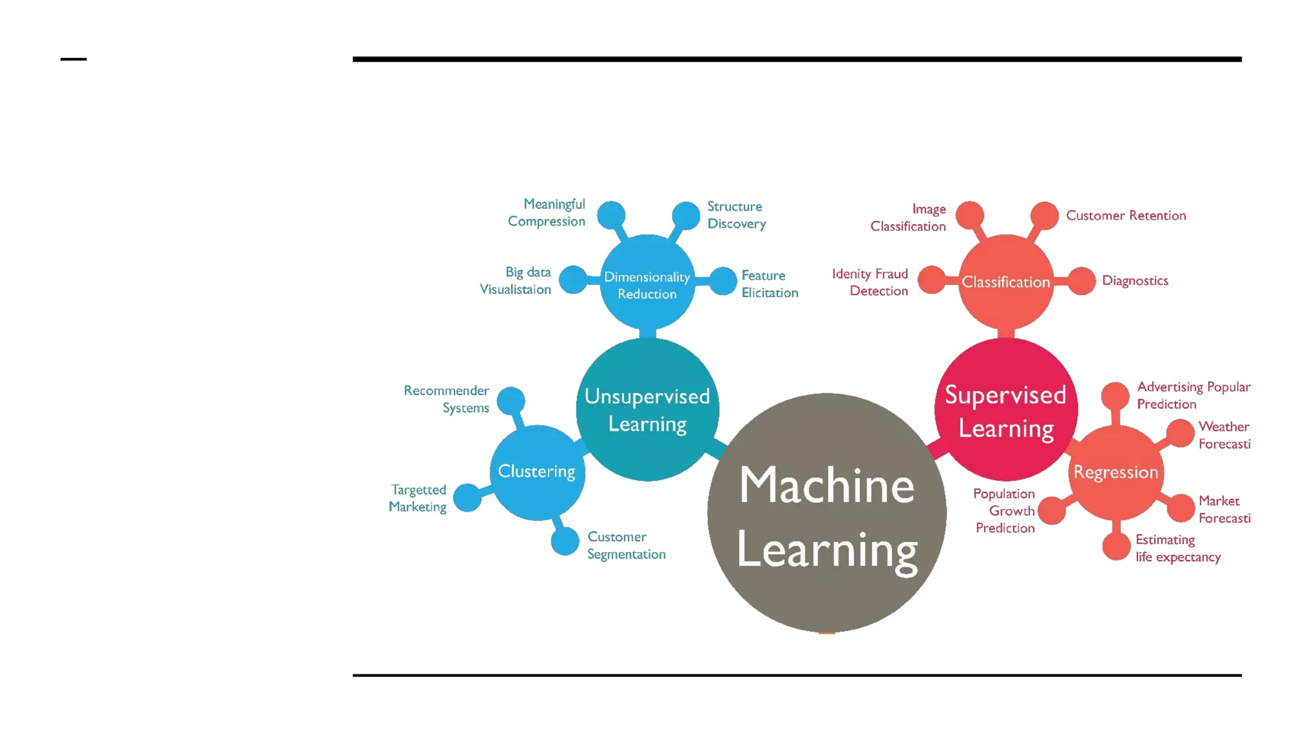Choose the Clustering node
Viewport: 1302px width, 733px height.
[x=537, y=472]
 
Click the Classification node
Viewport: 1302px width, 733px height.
[x=1006, y=282]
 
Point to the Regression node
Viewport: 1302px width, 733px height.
[x=1116, y=472]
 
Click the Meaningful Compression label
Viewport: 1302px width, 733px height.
[x=547, y=213]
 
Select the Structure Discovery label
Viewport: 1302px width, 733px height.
[x=736, y=215]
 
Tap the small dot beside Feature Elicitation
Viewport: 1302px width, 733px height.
[x=723, y=281]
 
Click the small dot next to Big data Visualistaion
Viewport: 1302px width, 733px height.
[x=573, y=280]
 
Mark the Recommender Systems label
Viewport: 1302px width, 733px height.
[x=447, y=399]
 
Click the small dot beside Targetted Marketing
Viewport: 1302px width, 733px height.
[x=467, y=498]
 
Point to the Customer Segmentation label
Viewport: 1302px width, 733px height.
[x=626, y=545]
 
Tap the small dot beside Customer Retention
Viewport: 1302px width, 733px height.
[x=1044, y=215]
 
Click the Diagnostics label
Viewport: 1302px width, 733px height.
[x=1135, y=281]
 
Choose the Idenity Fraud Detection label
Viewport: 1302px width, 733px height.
[x=870, y=282]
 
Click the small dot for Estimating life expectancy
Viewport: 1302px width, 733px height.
[x=1116, y=547]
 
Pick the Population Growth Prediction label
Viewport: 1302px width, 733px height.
[x=1004, y=510]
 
